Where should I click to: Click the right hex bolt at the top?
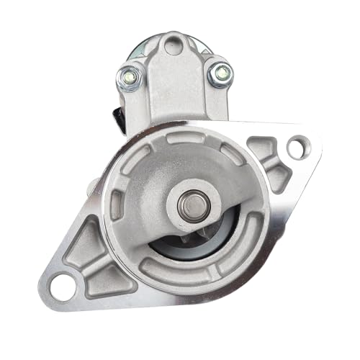point(220,73)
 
